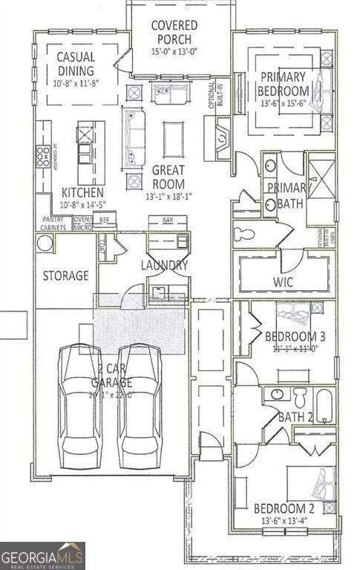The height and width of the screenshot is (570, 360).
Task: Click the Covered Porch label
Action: [174, 32]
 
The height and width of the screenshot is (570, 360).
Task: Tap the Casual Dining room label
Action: [76, 65]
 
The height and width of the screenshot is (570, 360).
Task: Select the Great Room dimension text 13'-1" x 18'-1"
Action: [169, 197]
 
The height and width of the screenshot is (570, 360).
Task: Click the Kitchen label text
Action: [77, 191]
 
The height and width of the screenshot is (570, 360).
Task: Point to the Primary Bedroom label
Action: [282, 82]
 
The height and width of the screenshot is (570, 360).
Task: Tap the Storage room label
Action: [65, 275]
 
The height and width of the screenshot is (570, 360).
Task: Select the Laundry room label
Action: [164, 265]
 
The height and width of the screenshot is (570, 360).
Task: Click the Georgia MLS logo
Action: [42, 555]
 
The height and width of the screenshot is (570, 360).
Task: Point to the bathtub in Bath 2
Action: [325, 405]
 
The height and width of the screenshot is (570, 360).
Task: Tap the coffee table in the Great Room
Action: [173, 139]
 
